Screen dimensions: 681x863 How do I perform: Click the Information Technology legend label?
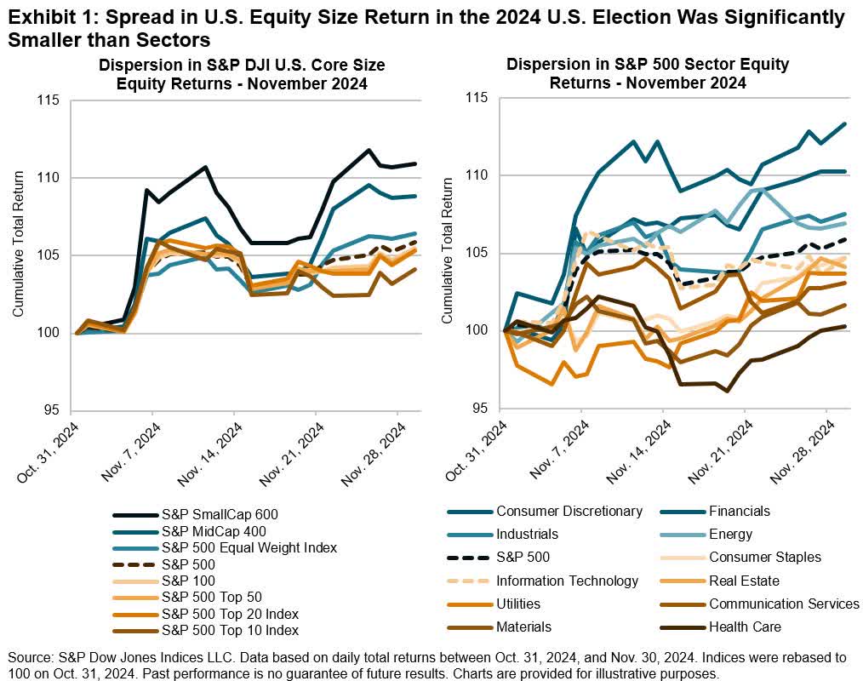[x=567, y=581]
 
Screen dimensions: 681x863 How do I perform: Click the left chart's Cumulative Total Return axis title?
[x=17, y=255]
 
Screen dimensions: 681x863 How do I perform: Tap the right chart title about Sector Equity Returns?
[x=648, y=74]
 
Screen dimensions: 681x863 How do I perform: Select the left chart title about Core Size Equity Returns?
[x=220, y=74]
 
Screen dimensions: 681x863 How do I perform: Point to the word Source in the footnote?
[x=27, y=657]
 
